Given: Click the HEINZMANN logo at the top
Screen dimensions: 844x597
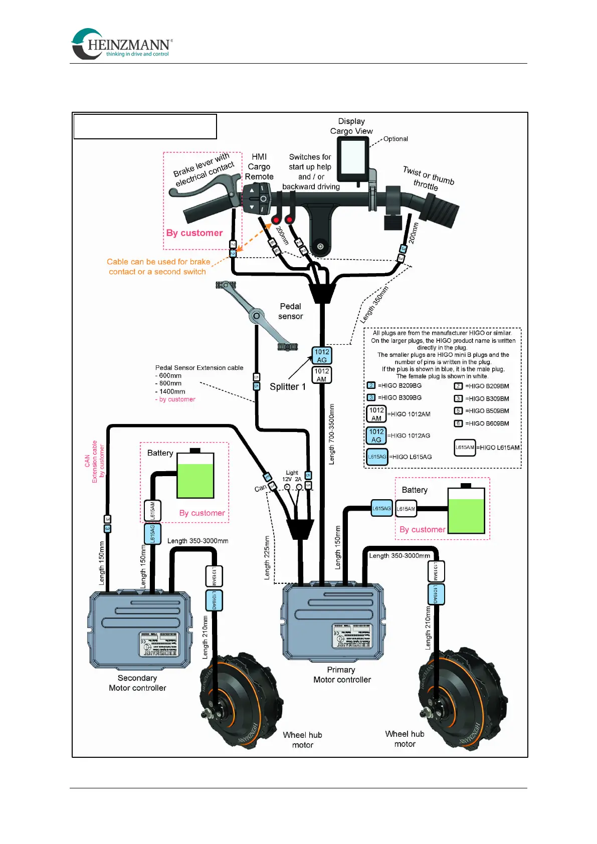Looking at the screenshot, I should (122, 44).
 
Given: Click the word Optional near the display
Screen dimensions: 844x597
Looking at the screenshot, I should (395, 139).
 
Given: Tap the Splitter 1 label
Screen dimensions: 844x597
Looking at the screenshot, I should (287, 387).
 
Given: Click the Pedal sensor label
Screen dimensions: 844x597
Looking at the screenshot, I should (290, 311).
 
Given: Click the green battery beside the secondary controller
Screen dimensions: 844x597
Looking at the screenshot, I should (195, 475).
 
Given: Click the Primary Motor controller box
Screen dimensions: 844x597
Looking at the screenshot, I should (334, 621).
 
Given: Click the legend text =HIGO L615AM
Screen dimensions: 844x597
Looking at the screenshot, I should (498, 448).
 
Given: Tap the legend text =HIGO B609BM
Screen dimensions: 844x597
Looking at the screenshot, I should (487, 424).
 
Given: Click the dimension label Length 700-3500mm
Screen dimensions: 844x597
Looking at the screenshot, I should (331, 434).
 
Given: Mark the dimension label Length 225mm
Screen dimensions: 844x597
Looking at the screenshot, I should (267, 558).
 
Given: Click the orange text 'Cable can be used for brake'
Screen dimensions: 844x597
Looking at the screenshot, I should (158, 262).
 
